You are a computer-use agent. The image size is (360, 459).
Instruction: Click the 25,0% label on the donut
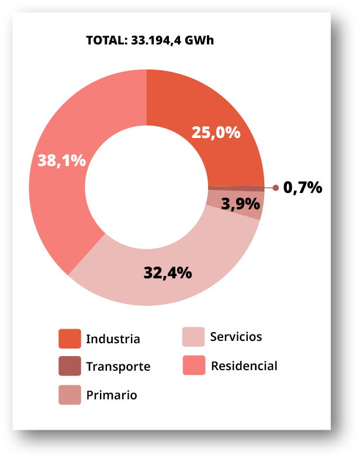point(216,133)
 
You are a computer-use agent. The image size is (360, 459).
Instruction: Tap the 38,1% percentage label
point(61,160)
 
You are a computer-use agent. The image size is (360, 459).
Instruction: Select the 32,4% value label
point(168,272)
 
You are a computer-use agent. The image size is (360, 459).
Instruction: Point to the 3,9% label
point(240,203)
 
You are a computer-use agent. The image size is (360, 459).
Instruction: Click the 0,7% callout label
point(303,188)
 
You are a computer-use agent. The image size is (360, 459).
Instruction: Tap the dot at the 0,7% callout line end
point(275,188)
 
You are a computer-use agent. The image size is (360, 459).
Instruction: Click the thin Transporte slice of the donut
point(245,188)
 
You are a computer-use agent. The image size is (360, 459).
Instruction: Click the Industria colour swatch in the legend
point(70,339)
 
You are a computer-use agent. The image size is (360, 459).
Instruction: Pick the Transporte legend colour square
point(70,366)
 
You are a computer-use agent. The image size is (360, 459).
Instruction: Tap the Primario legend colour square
point(70,395)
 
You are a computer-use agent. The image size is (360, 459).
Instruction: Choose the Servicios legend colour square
point(193,337)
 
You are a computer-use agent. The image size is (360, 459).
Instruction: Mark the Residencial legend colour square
point(193,365)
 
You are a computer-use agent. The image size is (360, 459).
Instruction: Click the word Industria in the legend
point(113,339)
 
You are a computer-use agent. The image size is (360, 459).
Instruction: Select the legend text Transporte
point(118,367)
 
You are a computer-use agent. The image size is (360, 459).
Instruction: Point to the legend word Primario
point(112,395)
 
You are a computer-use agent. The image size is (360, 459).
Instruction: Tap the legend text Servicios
point(236,337)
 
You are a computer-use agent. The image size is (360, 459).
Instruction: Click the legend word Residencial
point(244,366)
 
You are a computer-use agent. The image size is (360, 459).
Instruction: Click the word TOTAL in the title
point(103,40)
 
